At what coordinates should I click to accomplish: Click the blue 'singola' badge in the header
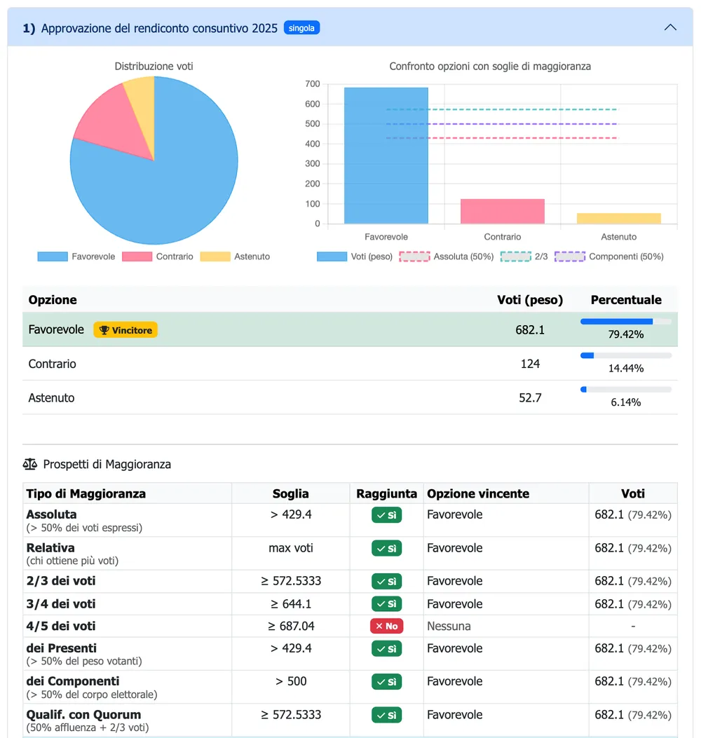click(x=301, y=28)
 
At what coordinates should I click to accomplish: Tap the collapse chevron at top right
click(x=670, y=28)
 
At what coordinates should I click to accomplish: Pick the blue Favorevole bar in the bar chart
click(x=386, y=156)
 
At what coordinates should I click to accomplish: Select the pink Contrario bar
click(x=503, y=212)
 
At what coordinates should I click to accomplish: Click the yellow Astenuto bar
click(x=618, y=219)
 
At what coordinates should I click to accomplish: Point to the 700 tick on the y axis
click(x=313, y=84)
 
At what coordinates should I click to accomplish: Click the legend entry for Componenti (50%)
click(x=609, y=257)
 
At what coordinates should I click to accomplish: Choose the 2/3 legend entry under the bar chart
click(x=524, y=257)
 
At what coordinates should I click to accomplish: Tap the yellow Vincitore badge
click(x=125, y=330)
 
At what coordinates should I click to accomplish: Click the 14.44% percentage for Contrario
click(x=626, y=368)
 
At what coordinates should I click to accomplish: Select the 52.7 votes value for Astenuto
click(x=530, y=397)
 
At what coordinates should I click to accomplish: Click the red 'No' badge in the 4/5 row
click(x=386, y=626)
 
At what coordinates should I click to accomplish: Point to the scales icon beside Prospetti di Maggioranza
click(x=29, y=465)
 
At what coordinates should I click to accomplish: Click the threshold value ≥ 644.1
click(x=290, y=604)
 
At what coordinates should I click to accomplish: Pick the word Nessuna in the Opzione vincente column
click(x=449, y=626)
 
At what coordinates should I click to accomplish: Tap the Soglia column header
click(x=290, y=493)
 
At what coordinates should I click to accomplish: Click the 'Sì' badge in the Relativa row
click(x=386, y=548)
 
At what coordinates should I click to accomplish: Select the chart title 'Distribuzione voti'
click(x=154, y=67)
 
